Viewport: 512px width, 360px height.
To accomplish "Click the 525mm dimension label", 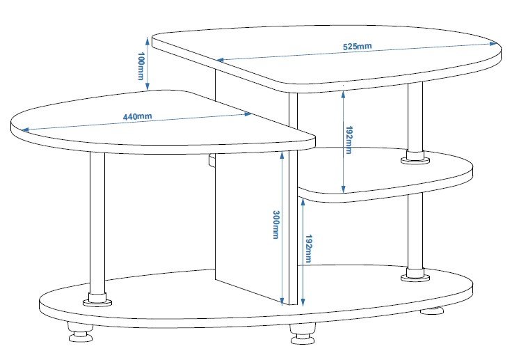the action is tap(358, 47).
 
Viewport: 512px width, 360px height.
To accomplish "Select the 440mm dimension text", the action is tap(137, 116).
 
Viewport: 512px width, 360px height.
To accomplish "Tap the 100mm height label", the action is tap(141, 65).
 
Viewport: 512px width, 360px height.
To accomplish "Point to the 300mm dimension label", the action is tap(276, 225).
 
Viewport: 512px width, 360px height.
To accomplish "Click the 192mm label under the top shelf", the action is tap(349, 140).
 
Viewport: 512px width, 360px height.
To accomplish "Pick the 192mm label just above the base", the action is tap(308, 249).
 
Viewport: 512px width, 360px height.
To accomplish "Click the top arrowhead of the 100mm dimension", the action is tap(147, 40).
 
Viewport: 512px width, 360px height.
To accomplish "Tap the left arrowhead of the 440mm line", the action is tap(24, 130).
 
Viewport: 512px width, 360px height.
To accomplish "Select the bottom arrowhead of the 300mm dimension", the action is tap(282, 301).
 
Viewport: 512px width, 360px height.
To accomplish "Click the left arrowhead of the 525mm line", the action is tap(220, 60).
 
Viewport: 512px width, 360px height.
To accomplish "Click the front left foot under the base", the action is tap(80, 332).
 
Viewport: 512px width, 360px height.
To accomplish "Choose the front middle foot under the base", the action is tap(303, 334).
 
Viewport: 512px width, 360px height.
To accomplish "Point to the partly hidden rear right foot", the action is tap(432, 311).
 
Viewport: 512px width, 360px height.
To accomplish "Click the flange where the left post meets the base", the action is tap(97, 299).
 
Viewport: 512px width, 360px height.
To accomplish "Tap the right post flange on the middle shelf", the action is tap(415, 157).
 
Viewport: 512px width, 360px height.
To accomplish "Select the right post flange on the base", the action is tap(415, 275).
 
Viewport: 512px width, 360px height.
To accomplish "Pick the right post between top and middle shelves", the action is tap(415, 117).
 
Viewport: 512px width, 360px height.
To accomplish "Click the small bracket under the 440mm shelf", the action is tap(211, 161).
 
